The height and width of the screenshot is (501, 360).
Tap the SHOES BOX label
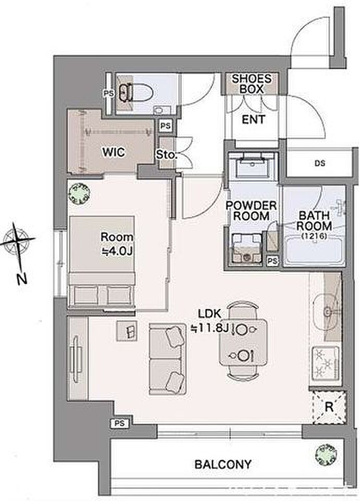coord(251,83)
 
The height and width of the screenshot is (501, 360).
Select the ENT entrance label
coord(254,120)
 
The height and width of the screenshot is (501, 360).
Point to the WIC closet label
coord(113,152)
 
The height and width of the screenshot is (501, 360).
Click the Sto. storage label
coord(166,156)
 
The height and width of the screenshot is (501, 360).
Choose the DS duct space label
coord(320,163)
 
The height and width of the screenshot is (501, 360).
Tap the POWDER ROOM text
coord(251,210)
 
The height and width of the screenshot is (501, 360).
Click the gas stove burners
coord(325,363)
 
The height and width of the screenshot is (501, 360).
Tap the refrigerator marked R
coord(329,407)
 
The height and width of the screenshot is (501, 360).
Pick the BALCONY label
coord(223,464)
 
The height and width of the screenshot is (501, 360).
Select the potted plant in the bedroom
coord(79,193)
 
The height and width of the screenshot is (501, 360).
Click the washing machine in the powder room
coord(246,248)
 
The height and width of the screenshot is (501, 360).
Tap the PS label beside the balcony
coord(119,424)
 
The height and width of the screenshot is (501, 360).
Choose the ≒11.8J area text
coord(209,328)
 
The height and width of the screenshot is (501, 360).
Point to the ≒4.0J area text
coord(117,252)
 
